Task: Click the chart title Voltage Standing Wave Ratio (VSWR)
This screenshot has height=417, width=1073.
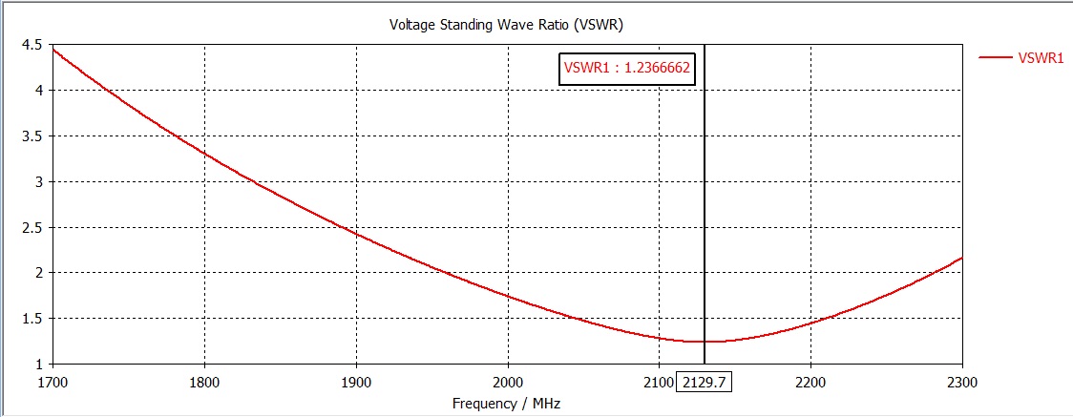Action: (507, 23)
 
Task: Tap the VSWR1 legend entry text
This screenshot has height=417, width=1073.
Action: (1041, 58)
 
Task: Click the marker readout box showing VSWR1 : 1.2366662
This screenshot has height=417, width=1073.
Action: (627, 69)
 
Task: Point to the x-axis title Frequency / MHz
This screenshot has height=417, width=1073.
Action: (507, 403)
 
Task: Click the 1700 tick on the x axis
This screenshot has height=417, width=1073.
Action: (53, 382)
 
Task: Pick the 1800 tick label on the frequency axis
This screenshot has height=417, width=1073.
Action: (204, 382)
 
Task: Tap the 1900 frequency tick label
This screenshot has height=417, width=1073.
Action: (356, 382)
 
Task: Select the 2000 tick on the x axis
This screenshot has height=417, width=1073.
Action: (508, 382)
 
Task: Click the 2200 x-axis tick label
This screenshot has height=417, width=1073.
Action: (810, 382)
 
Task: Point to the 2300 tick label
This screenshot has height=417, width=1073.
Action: (961, 382)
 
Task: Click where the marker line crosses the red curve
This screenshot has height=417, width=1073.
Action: (705, 342)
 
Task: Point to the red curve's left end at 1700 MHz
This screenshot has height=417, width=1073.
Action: (53, 49)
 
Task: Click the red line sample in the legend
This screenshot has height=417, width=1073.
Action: (995, 58)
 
